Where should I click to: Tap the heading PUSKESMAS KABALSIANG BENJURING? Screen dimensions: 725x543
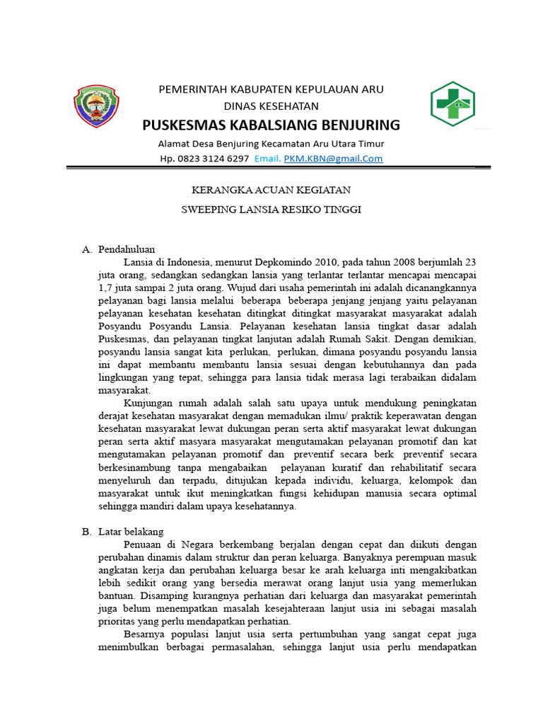[271, 125]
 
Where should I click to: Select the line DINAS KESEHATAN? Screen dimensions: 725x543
[271, 106]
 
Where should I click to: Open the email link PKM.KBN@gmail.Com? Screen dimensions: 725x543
[333, 159]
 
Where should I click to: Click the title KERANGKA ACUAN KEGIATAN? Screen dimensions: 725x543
[271, 190]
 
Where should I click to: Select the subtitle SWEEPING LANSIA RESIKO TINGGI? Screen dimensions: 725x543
[271, 211]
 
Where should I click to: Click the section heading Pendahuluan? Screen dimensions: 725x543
[127, 249]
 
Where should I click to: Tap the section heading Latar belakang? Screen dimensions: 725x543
[131, 531]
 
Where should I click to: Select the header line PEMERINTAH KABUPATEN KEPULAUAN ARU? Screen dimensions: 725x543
[271, 89]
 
